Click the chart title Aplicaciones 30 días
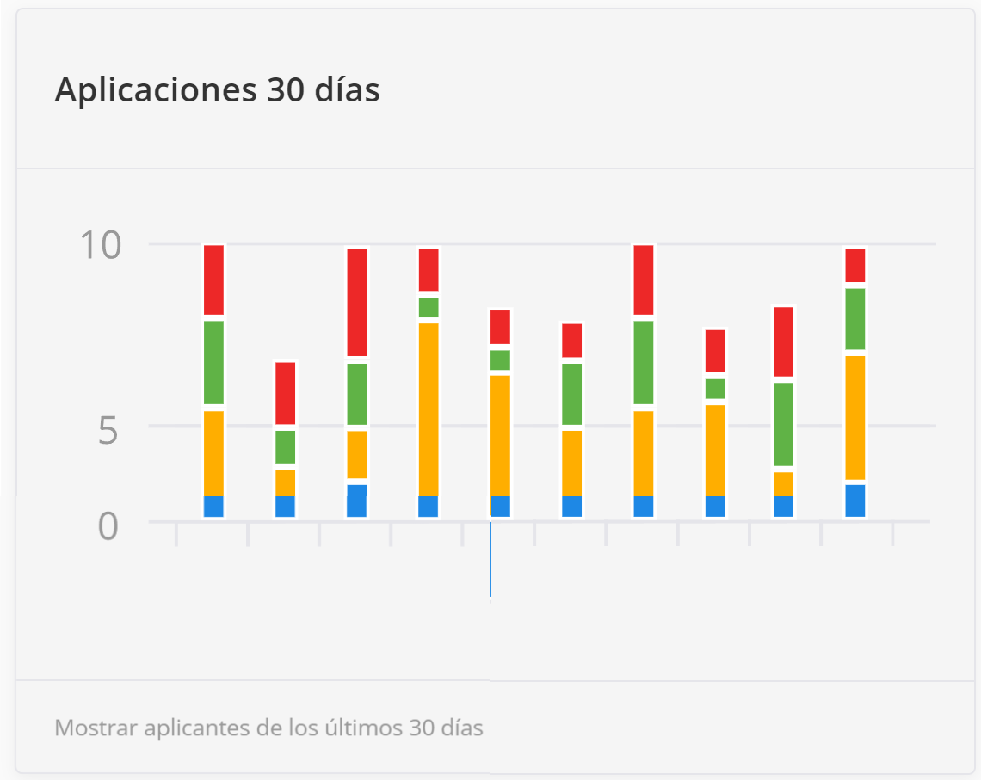pyautogui.click(x=217, y=89)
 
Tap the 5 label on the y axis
pyautogui.click(x=108, y=430)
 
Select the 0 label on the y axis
pyautogui.click(x=108, y=525)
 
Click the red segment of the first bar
pyautogui.click(x=213, y=279)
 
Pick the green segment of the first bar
pyautogui.click(x=213, y=361)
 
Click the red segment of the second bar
pyautogui.click(x=285, y=393)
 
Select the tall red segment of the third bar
pyautogui.click(x=357, y=301)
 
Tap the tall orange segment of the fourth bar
pyautogui.click(x=429, y=408)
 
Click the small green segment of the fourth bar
pyautogui.click(x=429, y=307)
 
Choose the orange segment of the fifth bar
pyautogui.click(x=500, y=434)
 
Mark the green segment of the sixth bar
pyautogui.click(x=572, y=394)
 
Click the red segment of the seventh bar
pyautogui.click(x=644, y=279)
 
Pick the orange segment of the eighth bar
pyautogui.click(x=715, y=449)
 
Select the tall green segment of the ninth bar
pyautogui.click(x=783, y=423)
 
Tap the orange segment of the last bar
pyautogui.click(x=855, y=417)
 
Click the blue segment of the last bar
pyautogui.click(x=855, y=501)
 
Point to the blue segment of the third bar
pyautogui.click(x=357, y=501)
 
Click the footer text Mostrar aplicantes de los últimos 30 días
pyautogui.click(x=268, y=728)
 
